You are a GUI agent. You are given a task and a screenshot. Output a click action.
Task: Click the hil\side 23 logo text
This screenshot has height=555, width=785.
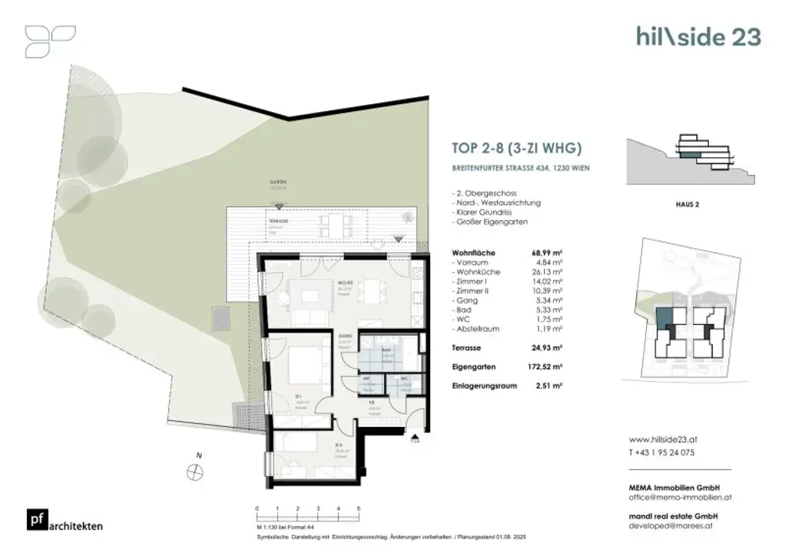click(698, 36)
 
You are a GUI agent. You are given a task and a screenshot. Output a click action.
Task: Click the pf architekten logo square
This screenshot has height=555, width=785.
click(34, 520)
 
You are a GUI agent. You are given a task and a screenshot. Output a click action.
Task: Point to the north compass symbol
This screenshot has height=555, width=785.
click(193, 472)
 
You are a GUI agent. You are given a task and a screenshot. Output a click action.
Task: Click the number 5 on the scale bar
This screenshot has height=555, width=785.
click(359, 509)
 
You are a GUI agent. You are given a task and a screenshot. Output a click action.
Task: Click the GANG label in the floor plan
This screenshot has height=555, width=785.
click(345, 337)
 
